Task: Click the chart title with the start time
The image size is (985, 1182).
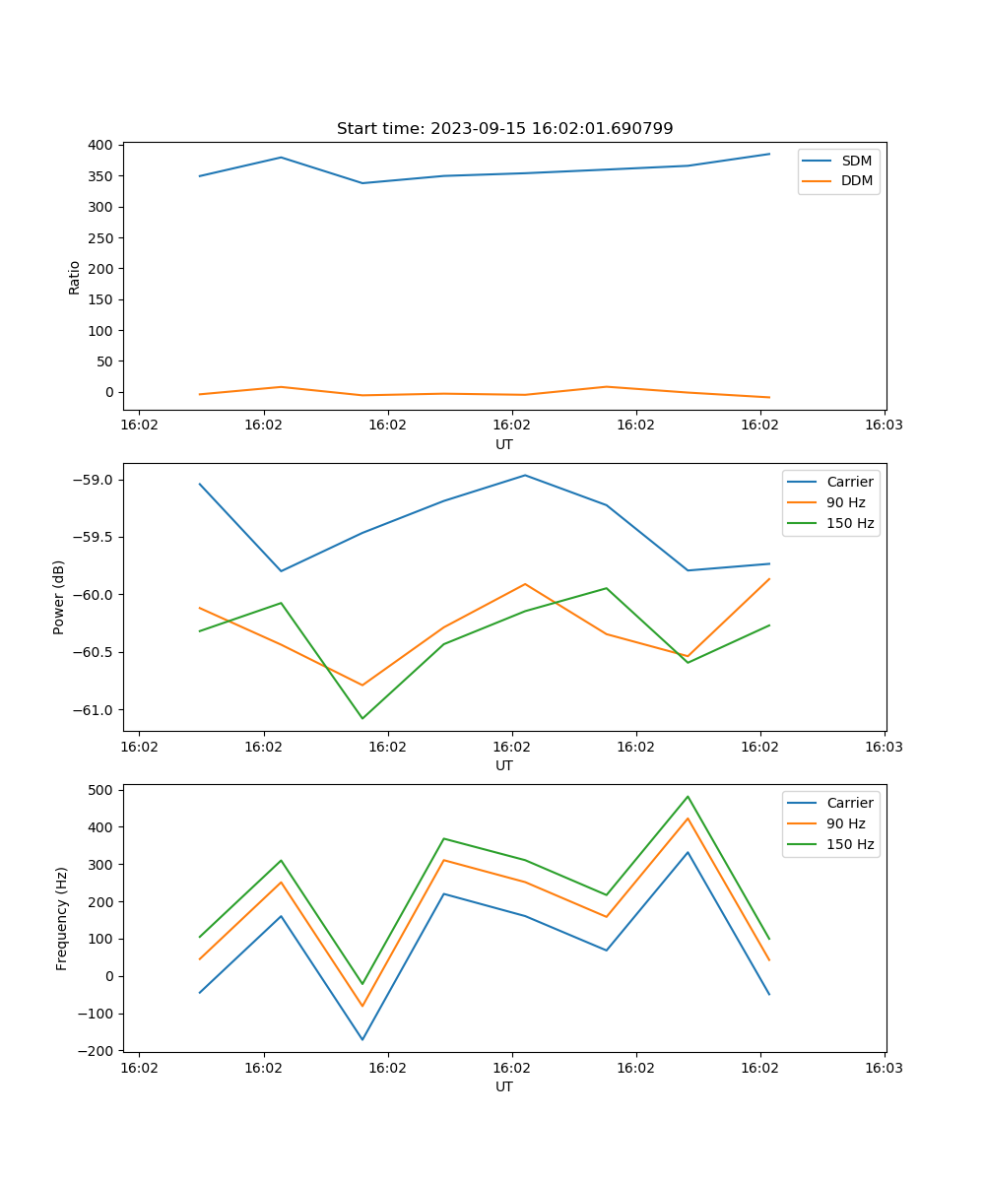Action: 504,129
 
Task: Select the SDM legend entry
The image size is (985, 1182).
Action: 856,161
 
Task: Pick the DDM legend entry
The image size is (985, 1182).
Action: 856,180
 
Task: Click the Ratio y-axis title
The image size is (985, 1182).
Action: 75,277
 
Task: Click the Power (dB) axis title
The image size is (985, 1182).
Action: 59,597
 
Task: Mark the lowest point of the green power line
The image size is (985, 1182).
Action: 362,718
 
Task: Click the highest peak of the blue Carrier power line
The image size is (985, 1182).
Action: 525,475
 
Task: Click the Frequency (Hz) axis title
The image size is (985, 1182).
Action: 62,918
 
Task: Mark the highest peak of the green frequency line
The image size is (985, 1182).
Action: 688,796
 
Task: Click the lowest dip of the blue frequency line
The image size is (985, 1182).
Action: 362,1039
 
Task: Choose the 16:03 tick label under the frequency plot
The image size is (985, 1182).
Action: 884,1067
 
